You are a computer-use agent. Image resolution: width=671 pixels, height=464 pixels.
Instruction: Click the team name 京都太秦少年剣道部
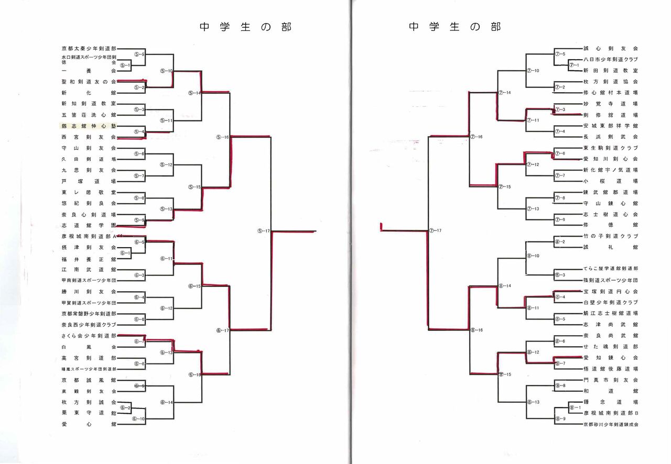point(89,48)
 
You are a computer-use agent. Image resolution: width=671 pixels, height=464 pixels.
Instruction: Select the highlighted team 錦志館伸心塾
point(89,126)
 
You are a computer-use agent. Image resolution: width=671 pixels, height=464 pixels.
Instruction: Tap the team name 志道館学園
point(89,226)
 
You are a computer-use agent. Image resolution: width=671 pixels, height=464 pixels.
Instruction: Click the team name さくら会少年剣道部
point(89,336)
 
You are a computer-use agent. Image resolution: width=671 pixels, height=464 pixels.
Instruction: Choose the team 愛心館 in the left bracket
point(89,424)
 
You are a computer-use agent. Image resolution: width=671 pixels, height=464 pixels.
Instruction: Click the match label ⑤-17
point(264,231)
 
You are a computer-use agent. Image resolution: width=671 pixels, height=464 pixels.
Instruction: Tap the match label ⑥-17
point(223,330)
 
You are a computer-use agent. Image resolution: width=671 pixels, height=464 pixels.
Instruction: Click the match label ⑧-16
point(476,330)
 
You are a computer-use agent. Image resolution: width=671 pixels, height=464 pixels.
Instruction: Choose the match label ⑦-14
point(504,92)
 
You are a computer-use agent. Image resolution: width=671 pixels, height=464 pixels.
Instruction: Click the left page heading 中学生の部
point(245,27)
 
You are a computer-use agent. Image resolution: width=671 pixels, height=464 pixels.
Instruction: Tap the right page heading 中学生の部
point(454,27)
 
